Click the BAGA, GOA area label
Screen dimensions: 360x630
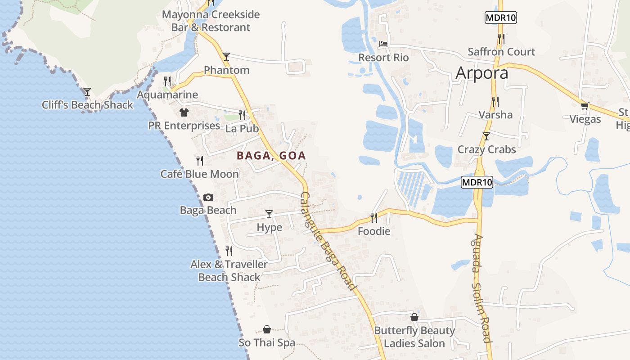point(271,156)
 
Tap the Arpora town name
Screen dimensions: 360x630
point(481,73)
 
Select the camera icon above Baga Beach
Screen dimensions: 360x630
point(208,197)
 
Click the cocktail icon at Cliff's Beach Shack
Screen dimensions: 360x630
point(87,92)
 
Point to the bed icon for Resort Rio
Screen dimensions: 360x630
point(383,44)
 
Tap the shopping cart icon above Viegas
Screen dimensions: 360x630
point(585,106)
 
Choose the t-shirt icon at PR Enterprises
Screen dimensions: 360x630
point(184,112)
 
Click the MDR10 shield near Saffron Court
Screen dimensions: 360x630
point(500,18)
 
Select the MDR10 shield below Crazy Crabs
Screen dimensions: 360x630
point(477,182)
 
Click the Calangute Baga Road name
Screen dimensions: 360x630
point(328,241)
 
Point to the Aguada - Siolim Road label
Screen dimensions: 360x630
point(481,288)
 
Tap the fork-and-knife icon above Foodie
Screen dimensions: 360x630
point(373,218)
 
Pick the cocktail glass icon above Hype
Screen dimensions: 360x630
point(269,214)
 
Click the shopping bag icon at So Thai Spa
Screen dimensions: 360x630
point(267,330)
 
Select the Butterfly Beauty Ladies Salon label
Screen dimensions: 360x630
point(414,337)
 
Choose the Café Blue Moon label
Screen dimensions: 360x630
point(199,174)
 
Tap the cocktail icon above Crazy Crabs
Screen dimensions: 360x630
point(486,136)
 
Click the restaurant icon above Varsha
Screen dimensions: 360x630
point(495,101)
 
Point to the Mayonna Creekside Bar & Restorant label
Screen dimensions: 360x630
point(211,21)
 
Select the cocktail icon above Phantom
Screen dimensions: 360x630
point(226,57)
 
